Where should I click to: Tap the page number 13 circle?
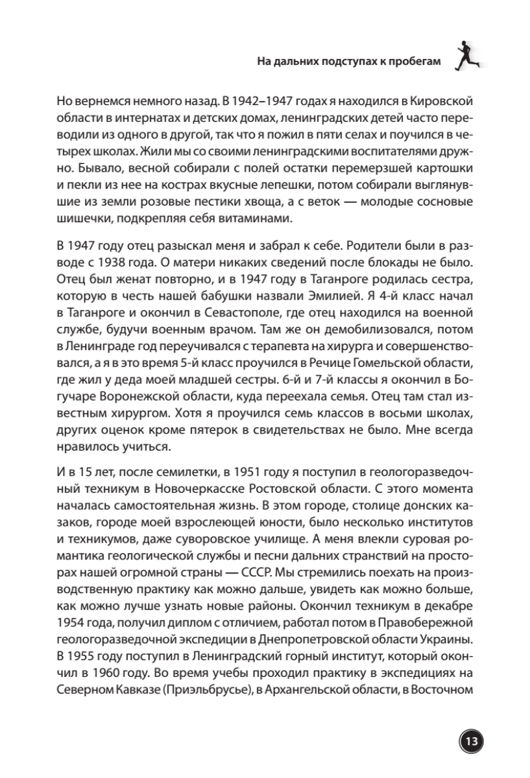click(x=471, y=740)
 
